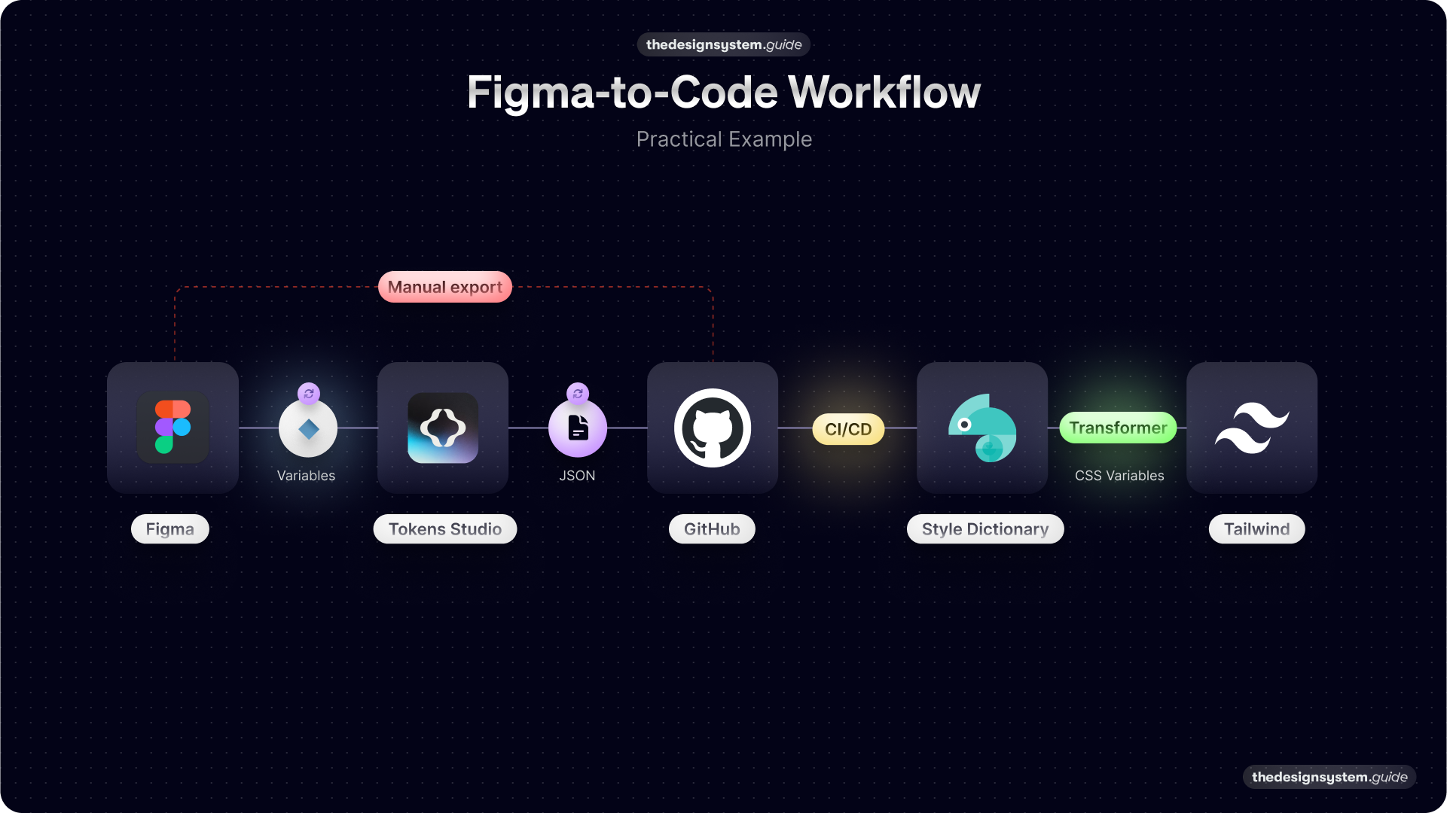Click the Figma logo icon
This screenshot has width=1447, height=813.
172,427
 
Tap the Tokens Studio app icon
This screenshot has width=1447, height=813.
443,428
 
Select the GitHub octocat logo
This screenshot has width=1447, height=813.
713,428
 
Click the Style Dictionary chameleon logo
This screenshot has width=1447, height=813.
982,428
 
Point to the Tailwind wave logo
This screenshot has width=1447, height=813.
1252,428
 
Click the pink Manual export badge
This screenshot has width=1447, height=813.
445,287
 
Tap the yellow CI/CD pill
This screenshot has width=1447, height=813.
848,429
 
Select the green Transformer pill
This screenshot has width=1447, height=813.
1118,428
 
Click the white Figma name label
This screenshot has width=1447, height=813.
170,529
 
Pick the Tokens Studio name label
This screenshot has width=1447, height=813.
445,529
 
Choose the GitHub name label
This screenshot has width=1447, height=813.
712,529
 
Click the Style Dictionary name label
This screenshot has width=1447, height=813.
985,529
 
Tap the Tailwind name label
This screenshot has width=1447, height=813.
1256,529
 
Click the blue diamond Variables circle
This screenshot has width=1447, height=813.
308,429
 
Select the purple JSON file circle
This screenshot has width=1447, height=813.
578,428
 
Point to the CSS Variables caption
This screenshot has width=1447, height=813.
1119,476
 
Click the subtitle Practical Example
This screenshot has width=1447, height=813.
724,139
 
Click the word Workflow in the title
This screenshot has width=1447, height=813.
884,93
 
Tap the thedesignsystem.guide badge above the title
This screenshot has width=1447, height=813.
724,44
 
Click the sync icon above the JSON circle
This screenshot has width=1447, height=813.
578,393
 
